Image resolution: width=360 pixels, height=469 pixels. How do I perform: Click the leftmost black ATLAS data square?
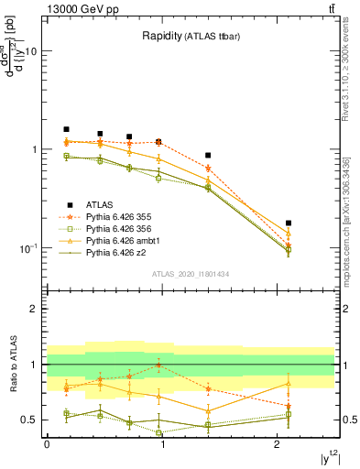tap(66, 129)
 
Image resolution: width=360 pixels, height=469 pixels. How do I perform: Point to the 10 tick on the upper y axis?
tap(30, 51)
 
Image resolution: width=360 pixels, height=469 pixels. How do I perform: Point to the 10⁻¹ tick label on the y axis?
tap(28, 248)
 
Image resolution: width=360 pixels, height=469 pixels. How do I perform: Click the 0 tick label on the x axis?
tap(46, 444)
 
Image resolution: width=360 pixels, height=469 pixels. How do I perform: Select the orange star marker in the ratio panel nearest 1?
tap(159, 365)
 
